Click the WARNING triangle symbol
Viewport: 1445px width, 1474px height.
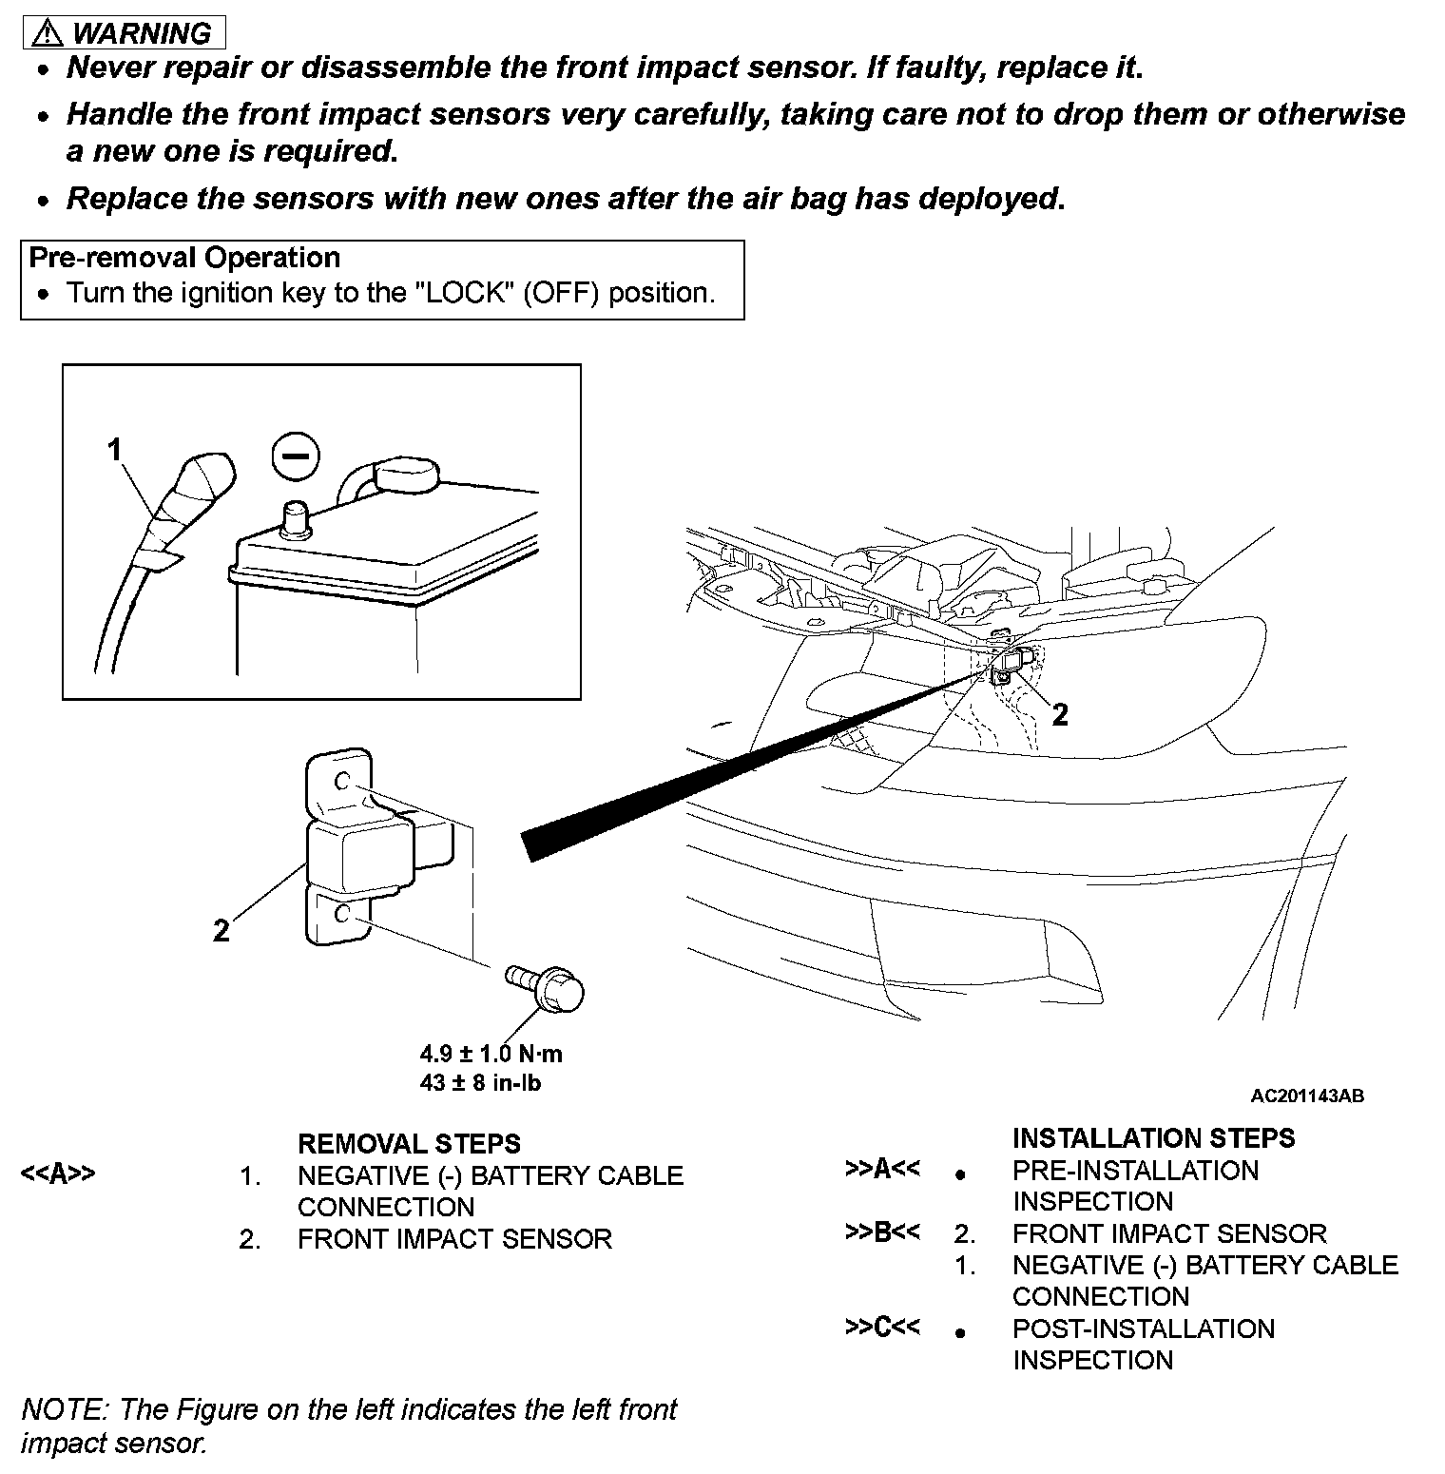point(46,34)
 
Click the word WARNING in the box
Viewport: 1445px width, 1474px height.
point(143,33)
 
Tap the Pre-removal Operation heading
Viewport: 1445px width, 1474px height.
point(184,259)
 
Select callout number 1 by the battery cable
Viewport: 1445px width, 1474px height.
point(115,449)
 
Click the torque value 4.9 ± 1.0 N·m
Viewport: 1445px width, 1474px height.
point(491,1054)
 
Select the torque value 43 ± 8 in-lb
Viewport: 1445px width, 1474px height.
point(480,1082)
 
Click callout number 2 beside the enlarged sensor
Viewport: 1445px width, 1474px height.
point(221,930)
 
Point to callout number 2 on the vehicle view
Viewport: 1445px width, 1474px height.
point(1060,714)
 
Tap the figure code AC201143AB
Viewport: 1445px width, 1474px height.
point(1307,1096)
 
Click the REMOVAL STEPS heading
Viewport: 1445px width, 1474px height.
point(409,1143)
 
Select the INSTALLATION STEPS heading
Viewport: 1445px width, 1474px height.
point(1153,1138)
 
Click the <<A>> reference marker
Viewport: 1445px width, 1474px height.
point(58,1173)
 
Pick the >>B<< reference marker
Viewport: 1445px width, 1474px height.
point(882,1232)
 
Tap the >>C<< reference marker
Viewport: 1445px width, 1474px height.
point(882,1328)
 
